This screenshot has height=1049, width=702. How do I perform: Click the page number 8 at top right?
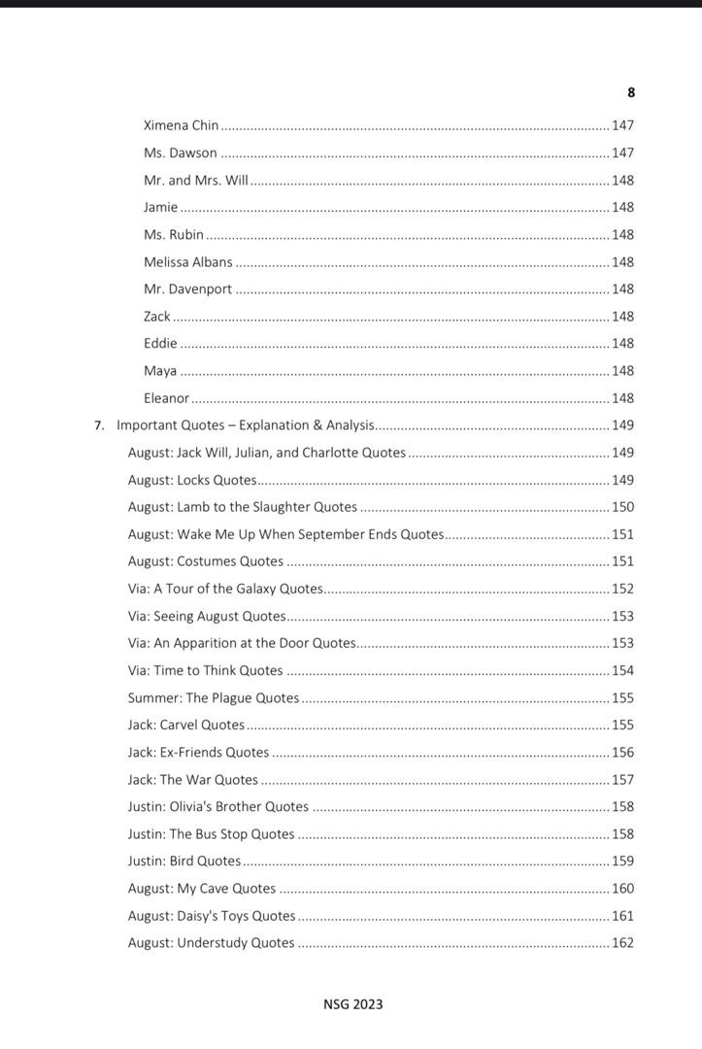click(x=631, y=92)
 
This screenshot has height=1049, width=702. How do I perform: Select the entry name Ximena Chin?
click(x=182, y=125)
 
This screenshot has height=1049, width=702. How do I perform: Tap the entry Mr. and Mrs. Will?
click(x=196, y=180)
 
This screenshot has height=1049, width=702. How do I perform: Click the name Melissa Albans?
click(x=187, y=261)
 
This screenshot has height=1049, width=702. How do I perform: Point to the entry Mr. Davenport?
click(x=187, y=288)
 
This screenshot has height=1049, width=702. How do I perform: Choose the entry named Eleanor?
click(x=166, y=398)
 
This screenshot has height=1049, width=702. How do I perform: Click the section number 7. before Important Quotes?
click(x=99, y=425)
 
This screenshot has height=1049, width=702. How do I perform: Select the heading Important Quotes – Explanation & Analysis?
click(x=245, y=425)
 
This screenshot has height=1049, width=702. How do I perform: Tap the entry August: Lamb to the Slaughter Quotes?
click(x=243, y=507)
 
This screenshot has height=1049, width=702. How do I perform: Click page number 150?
click(x=622, y=507)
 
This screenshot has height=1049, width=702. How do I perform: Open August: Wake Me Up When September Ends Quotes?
click(x=285, y=534)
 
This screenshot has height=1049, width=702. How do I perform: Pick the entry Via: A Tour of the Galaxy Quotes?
click(x=224, y=589)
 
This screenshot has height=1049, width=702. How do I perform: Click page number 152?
click(x=622, y=589)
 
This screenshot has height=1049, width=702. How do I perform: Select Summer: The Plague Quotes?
click(x=214, y=697)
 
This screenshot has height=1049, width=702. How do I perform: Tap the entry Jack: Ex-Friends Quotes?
click(x=198, y=752)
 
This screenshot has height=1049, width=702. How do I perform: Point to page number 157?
click(x=622, y=779)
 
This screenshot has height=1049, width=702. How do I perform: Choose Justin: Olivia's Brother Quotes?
click(x=218, y=806)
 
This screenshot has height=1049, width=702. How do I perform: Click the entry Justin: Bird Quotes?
click(x=184, y=861)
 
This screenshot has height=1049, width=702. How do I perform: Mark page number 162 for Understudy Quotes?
click(x=622, y=942)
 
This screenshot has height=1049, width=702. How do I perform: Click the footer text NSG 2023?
click(x=353, y=1004)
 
